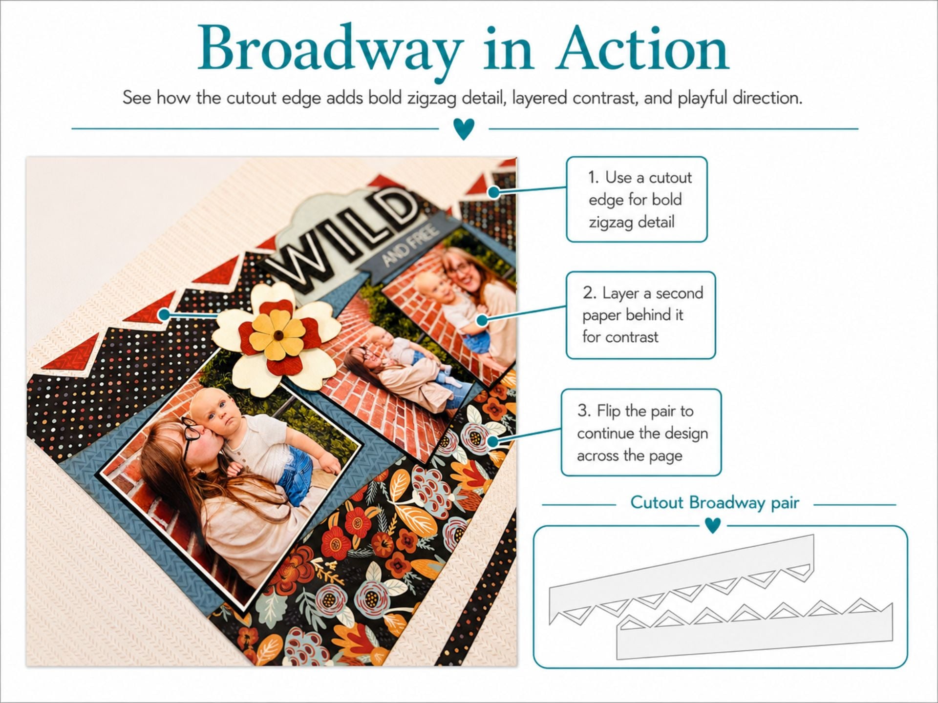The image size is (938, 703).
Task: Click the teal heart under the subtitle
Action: tap(464, 129)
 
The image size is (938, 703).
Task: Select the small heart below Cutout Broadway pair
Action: tap(713, 525)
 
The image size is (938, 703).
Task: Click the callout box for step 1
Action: tap(637, 199)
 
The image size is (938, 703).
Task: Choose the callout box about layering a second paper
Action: tap(640, 315)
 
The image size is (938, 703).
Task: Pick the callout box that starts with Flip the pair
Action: tap(641, 433)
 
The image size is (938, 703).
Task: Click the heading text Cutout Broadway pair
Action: tap(715, 502)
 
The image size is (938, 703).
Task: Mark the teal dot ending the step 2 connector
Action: tap(482, 320)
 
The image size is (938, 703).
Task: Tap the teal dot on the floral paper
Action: tap(493, 442)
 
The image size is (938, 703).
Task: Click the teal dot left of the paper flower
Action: tap(164, 314)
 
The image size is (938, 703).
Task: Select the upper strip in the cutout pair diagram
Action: tap(682, 579)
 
